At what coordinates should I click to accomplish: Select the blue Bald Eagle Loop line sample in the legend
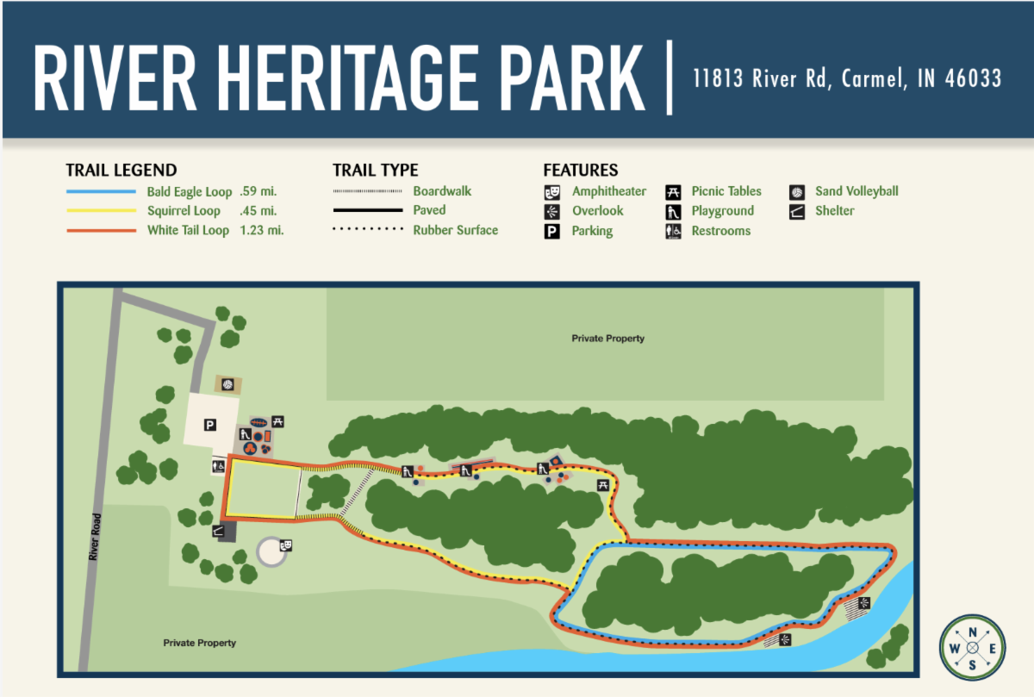point(101,191)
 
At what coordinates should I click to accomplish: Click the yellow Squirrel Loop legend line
point(101,211)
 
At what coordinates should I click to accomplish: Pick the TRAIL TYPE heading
point(375,171)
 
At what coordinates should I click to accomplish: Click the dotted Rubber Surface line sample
point(368,230)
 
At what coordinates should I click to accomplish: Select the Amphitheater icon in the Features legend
point(552,191)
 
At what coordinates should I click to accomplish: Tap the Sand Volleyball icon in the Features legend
point(797,191)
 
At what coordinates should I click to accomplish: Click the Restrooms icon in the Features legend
point(673,231)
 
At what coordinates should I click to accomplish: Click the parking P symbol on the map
point(209,424)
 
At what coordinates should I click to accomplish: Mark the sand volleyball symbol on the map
point(227,383)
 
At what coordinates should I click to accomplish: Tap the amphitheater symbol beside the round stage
point(286,545)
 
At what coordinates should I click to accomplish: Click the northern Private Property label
point(607,339)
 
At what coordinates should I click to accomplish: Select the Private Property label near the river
point(199,643)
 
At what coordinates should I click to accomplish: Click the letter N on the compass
point(972,633)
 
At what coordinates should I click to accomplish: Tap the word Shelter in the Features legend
point(835,211)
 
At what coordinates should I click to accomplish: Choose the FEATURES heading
point(580,171)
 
